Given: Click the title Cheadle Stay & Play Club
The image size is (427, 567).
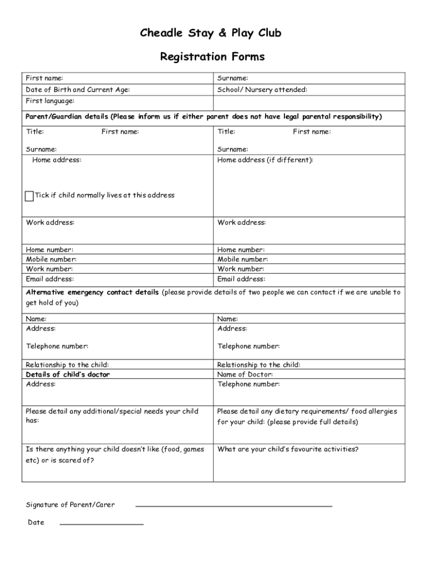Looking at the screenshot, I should [x=211, y=34].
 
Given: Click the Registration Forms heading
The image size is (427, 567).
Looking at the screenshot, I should [x=212, y=57].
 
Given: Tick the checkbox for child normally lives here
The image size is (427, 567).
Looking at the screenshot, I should [x=29, y=196].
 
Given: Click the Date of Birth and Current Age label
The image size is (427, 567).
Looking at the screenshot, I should [x=78, y=90].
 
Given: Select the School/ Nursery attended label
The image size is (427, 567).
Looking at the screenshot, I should [x=262, y=90].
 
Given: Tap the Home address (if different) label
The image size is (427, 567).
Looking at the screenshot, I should [x=265, y=160].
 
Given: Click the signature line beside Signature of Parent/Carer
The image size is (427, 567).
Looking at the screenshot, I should [x=233, y=506].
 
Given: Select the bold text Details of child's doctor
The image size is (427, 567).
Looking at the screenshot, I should [x=68, y=374].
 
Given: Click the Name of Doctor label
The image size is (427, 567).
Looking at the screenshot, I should [x=245, y=374].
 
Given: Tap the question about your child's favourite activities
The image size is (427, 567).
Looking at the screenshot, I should [x=288, y=449].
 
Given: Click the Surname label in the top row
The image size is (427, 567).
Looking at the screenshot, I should [x=233, y=78].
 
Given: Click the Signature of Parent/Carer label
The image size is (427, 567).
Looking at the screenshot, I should [x=70, y=504].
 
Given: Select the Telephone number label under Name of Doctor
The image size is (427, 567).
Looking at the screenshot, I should [x=248, y=384].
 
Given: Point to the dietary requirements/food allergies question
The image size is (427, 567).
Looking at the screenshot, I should [x=307, y=416].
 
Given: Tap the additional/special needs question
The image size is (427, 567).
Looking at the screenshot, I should [x=112, y=416].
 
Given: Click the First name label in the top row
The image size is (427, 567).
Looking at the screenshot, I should [x=44, y=78].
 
